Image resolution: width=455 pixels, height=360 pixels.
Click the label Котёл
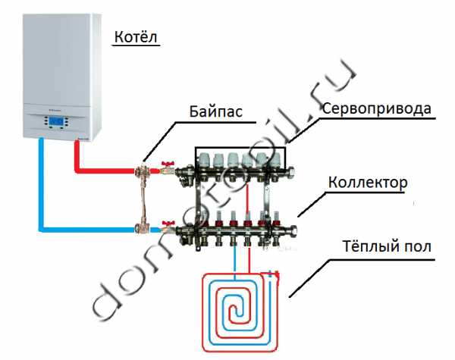pyautogui.click(x=137, y=37)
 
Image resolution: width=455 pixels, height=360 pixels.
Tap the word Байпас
pyautogui.click(x=216, y=111)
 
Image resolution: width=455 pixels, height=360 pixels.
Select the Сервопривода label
pyautogui.click(x=376, y=108)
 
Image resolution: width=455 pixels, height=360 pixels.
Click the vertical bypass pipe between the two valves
pyautogui.click(x=141, y=199)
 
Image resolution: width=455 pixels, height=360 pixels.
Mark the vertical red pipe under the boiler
pyautogui.click(x=76, y=155)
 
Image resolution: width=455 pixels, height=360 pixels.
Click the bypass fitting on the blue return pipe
pyautogui.click(x=141, y=226)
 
